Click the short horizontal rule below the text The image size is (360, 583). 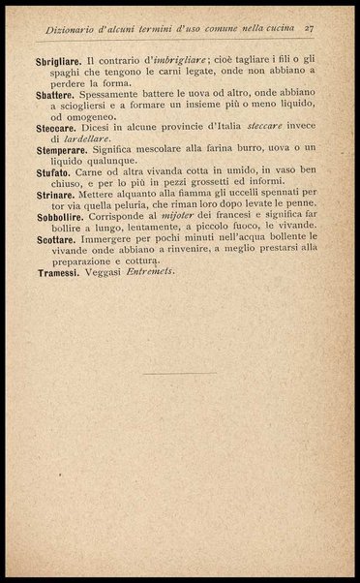click(x=181, y=373)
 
